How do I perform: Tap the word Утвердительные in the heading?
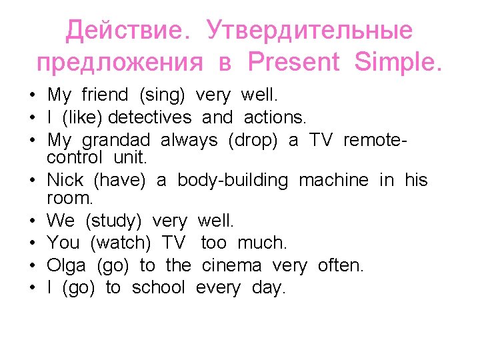tap(309, 30)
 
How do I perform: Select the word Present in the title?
tap(293, 62)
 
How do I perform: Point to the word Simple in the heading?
tap(398, 62)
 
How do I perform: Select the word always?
tap(189, 140)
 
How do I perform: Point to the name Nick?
tap(65, 180)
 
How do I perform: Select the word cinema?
tap(231, 265)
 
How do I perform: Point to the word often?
tap(341, 265)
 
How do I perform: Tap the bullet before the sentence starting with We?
tap(32, 221)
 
